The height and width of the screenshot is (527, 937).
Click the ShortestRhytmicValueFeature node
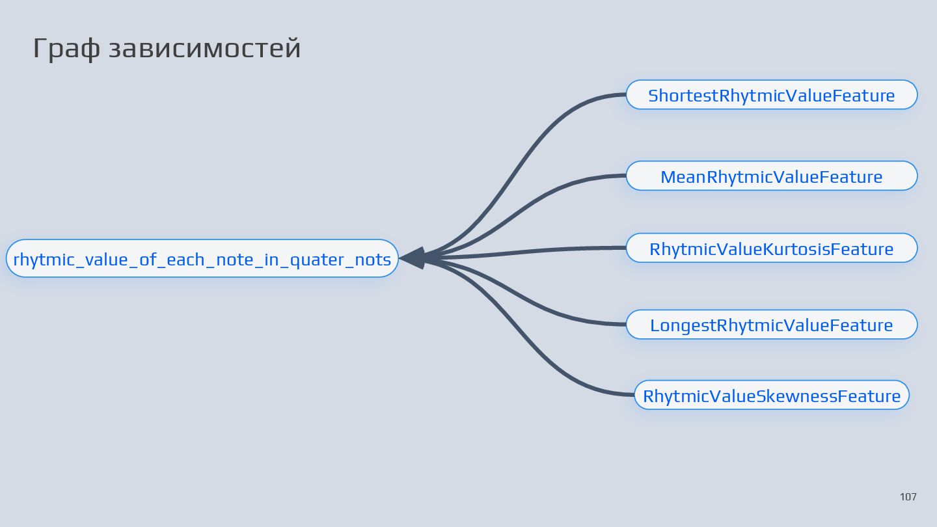[771, 96]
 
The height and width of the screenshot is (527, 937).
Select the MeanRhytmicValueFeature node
[771, 176]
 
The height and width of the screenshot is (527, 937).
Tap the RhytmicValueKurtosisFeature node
[771, 249]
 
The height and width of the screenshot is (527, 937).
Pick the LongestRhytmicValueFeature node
[771, 325]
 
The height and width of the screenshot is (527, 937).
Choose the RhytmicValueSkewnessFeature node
[771, 396]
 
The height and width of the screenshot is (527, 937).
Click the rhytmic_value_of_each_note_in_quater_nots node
[202, 259]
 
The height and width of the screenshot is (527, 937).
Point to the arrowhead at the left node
[413, 258]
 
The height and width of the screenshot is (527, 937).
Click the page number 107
[908, 497]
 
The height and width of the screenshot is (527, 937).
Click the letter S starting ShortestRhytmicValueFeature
[653, 96]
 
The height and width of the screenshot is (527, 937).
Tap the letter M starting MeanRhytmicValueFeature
[667, 177]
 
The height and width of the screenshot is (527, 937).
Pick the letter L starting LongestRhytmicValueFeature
[655, 325]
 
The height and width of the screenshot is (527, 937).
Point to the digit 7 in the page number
[914, 497]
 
